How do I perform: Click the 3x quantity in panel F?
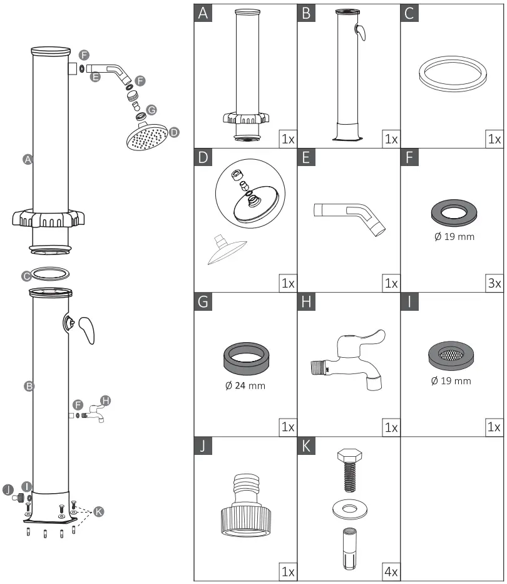[x=494, y=283]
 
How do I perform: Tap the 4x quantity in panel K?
[x=391, y=572]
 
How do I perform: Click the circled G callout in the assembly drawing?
[x=151, y=111]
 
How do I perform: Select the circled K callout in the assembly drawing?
[x=98, y=511]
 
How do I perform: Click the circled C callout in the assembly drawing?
[x=26, y=275]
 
